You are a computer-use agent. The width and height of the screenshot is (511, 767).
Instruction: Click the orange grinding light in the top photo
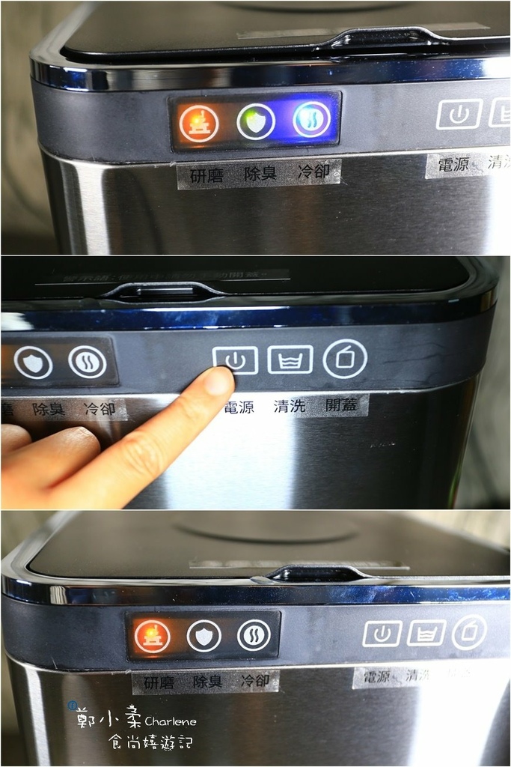click(199, 121)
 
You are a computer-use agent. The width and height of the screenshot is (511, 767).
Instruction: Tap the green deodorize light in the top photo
click(256, 121)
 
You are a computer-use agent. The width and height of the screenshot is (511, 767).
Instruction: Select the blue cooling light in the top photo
click(311, 120)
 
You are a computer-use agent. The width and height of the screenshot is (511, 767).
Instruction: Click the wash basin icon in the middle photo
click(290, 360)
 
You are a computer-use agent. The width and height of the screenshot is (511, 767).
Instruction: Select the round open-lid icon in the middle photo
click(345, 359)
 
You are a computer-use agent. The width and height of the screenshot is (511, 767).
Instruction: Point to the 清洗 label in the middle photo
click(290, 407)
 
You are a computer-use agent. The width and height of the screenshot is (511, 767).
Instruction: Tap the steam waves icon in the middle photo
click(87, 362)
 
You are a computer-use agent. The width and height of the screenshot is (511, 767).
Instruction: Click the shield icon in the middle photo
click(33, 363)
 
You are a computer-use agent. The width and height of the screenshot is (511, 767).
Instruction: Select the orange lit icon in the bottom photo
click(152, 636)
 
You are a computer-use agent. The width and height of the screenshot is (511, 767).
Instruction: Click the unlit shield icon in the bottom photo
click(204, 636)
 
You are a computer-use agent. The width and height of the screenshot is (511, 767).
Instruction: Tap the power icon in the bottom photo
click(382, 634)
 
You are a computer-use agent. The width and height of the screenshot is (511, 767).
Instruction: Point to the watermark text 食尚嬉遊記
click(150, 742)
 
